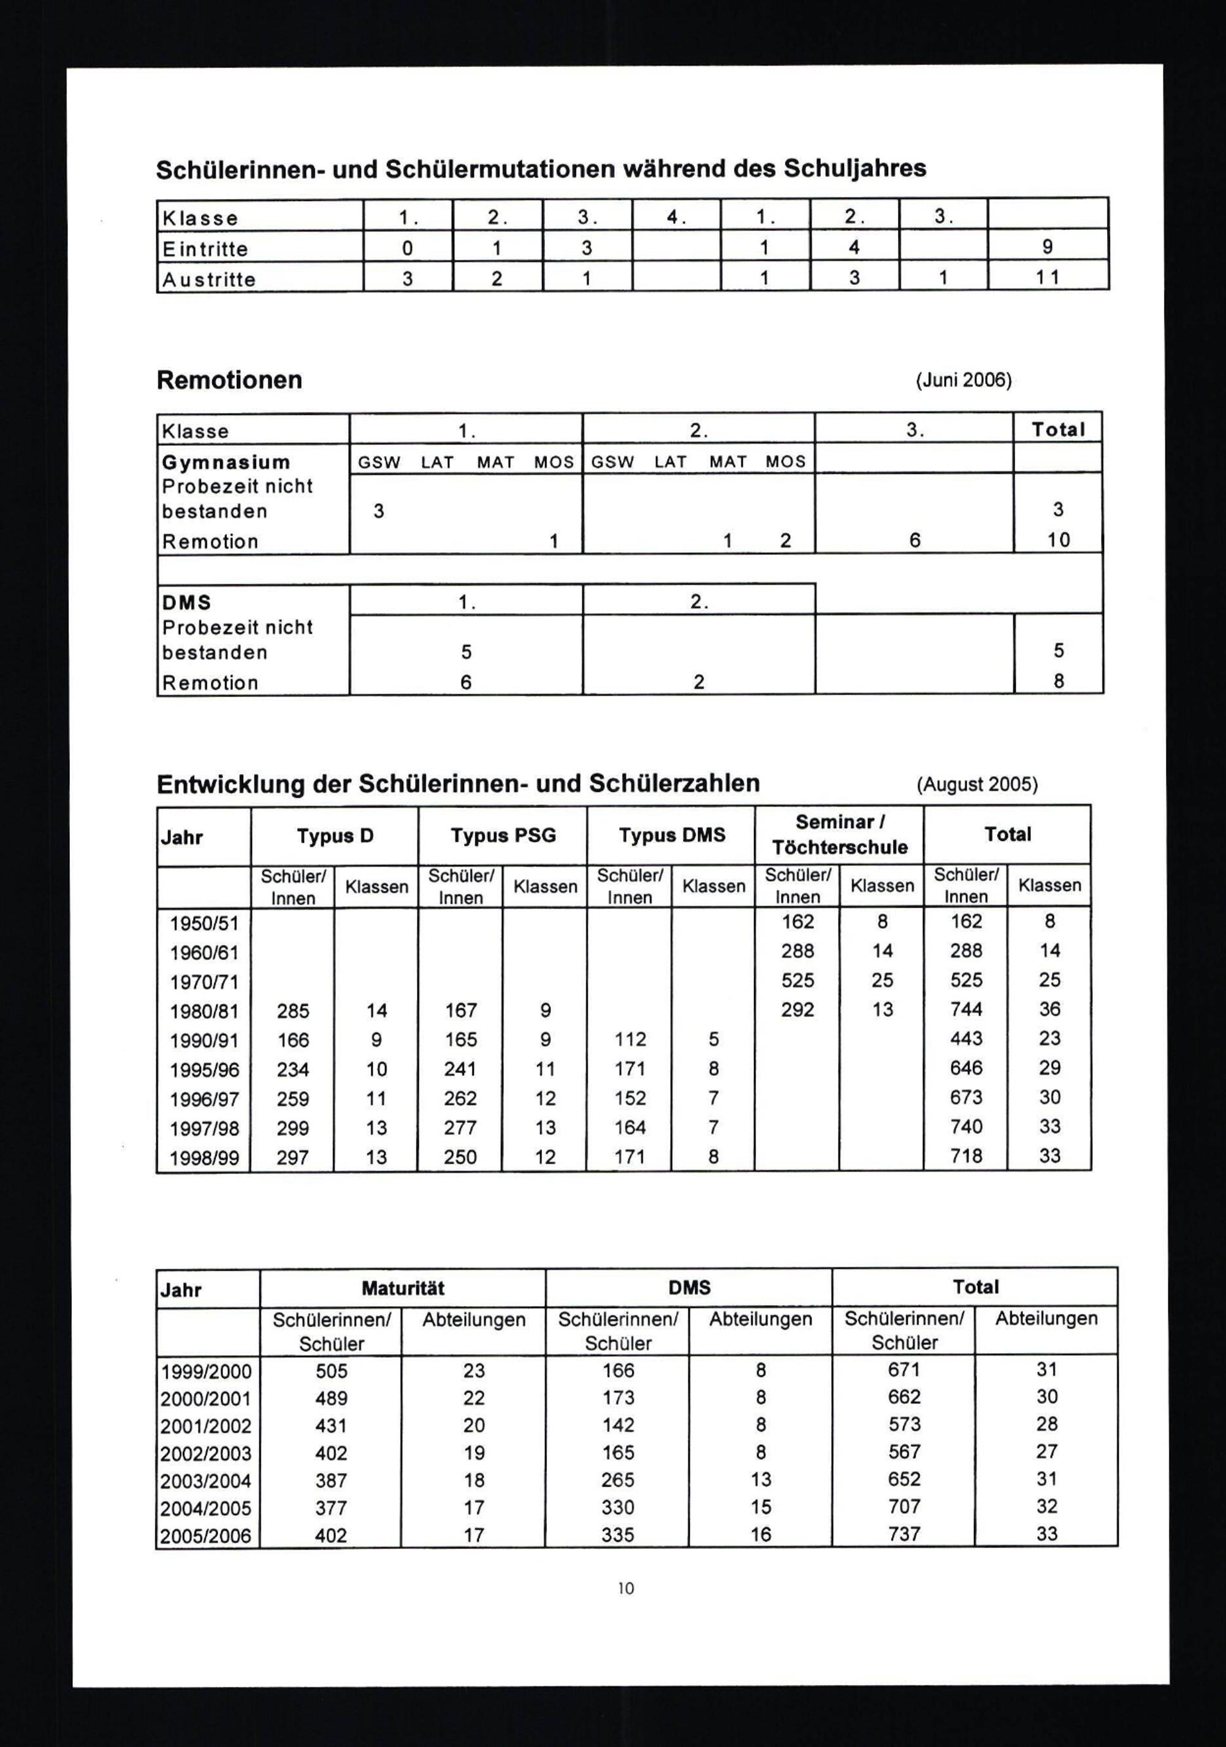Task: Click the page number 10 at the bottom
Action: [x=625, y=1588]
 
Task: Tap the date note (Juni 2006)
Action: [x=964, y=381]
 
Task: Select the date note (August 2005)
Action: [x=977, y=785]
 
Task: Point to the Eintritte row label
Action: [x=205, y=249]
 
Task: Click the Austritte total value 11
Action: [x=1047, y=278]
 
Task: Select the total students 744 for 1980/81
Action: [x=965, y=1010]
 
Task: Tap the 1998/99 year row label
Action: [x=204, y=1158]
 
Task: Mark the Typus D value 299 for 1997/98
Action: [x=293, y=1128]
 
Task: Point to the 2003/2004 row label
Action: [x=205, y=1482]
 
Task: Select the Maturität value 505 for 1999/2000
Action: [x=331, y=1371]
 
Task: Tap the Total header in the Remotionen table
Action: [x=1058, y=430]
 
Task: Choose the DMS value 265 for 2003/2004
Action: [x=618, y=1480]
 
